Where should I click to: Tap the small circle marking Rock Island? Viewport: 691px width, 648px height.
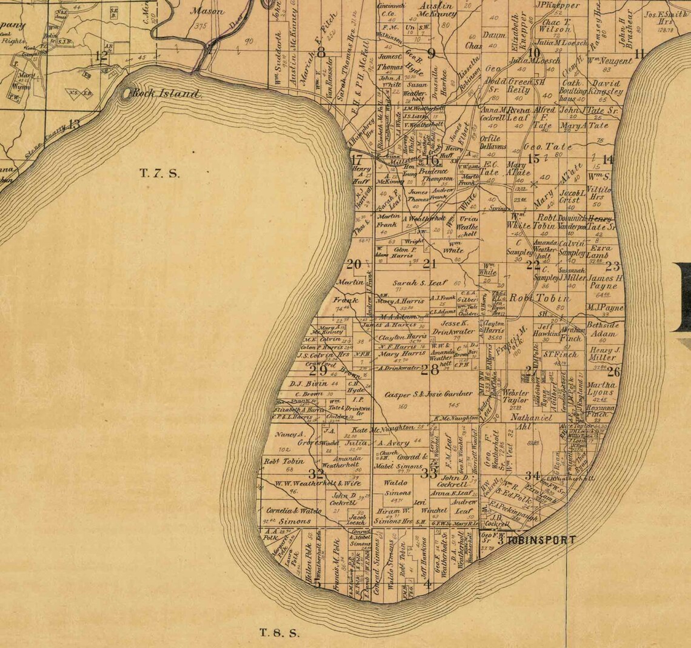(127, 93)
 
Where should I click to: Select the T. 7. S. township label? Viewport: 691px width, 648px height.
(159, 173)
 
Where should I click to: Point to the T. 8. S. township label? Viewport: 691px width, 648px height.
(279, 633)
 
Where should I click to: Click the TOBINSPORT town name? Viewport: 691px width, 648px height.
(541, 540)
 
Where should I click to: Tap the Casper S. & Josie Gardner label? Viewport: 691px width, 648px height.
(429, 394)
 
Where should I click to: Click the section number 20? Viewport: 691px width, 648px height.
(353, 264)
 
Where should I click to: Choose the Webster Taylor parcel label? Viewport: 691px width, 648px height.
(515, 396)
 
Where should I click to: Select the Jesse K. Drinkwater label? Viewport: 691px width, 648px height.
(453, 328)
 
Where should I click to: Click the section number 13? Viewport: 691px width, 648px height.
(73, 124)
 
